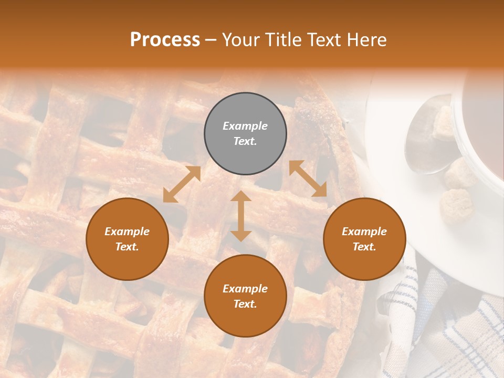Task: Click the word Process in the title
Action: [165, 40]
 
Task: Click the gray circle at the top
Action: [245, 133]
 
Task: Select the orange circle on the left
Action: [127, 239]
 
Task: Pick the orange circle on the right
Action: [364, 239]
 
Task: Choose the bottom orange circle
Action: [245, 296]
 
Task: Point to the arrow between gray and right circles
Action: [308, 179]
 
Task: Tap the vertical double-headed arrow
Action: [241, 216]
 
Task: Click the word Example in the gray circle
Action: [245, 126]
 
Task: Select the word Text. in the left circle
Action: [127, 247]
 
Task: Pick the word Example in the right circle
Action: [364, 232]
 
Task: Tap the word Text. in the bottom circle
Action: [245, 304]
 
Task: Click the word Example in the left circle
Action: [127, 232]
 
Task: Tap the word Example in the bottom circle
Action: [245, 289]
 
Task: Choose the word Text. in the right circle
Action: [364, 247]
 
